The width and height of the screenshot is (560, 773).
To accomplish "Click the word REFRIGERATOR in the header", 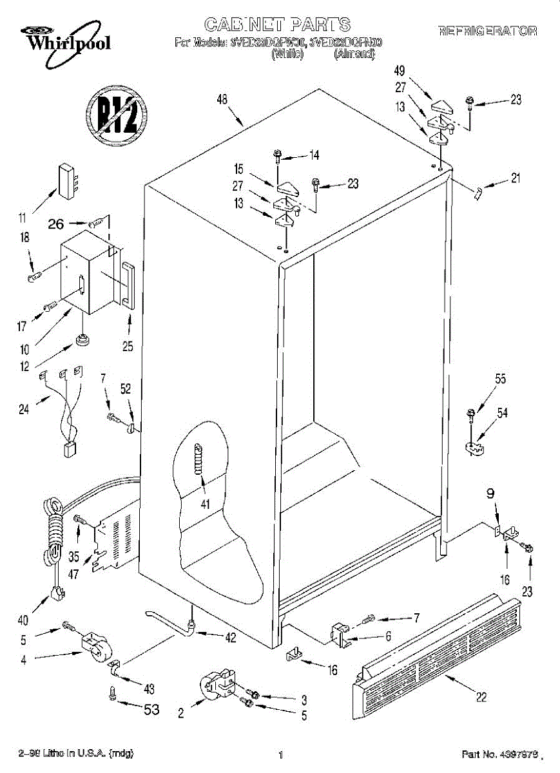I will (487, 31).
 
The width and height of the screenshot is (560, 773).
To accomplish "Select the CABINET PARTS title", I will (278, 24).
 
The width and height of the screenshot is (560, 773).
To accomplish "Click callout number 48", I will (223, 100).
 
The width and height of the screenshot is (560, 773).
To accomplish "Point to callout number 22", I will (481, 696).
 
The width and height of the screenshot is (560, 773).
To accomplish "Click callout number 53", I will (150, 709).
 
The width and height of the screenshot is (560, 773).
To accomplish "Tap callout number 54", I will (502, 413).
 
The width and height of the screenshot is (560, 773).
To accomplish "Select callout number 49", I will (401, 71).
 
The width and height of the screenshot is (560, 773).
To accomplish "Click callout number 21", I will (515, 179).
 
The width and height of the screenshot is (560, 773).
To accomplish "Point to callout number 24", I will (24, 408).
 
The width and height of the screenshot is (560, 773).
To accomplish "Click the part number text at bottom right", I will (500, 754).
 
